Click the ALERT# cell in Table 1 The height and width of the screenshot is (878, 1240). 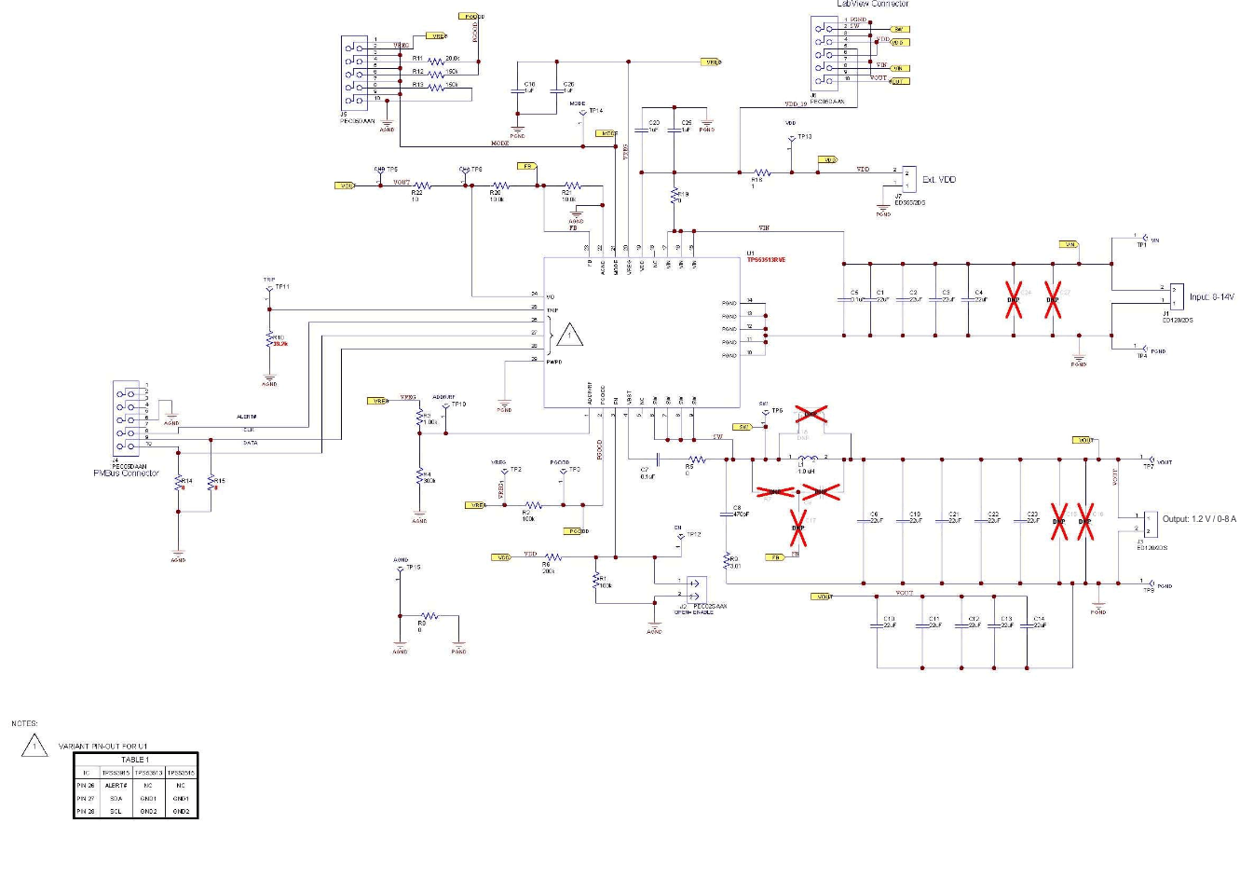tap(116, 786)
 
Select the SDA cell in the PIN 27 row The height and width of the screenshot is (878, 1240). tap(116, 799)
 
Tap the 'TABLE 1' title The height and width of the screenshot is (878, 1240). tap(135, 760)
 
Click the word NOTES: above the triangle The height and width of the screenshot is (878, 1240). tap(24, 723)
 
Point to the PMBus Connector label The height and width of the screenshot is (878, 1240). tap(126, 473)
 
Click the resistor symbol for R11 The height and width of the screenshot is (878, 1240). tap(436, 62)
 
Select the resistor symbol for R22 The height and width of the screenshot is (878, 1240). tap(422, 185)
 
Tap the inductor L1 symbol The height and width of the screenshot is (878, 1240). tap(807, 459)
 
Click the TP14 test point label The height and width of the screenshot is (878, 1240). tap(595, 111)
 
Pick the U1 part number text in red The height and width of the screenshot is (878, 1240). tap(766, 260)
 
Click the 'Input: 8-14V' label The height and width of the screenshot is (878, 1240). tap(1211, 297)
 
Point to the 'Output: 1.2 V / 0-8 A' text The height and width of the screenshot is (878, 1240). tap(1199, 519)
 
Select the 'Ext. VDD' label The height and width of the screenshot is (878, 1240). tap(939, 180)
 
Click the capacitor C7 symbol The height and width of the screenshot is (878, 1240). tap(658, 459)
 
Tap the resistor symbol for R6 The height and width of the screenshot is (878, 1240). tap(554, 557)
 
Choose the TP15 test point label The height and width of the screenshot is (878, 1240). tap(413, 567)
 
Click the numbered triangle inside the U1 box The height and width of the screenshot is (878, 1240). tap(570, 335)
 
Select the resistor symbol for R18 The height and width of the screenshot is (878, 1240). tap(762, 172)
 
